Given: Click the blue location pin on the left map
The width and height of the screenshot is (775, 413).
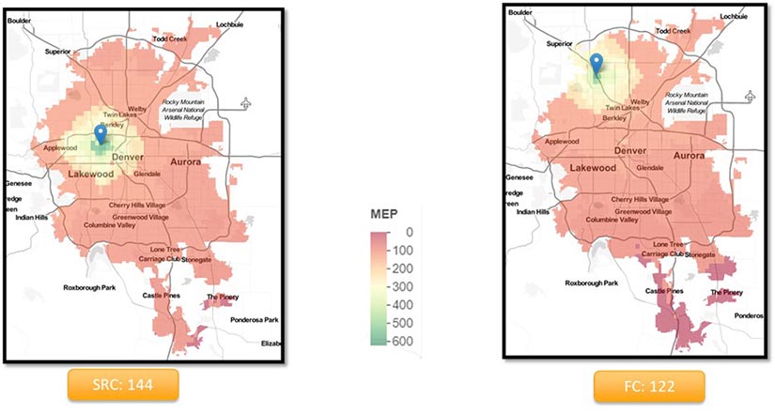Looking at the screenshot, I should point(101,137).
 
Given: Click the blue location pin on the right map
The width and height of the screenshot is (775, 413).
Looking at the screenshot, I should point(596,65).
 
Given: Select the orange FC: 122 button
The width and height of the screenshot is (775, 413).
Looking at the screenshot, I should point(648,386).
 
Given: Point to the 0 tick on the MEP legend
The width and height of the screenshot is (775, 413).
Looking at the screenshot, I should point(407,230).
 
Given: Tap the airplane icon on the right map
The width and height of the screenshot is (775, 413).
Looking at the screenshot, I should point(748,95).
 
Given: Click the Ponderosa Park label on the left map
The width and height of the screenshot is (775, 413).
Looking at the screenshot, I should point(255,320).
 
